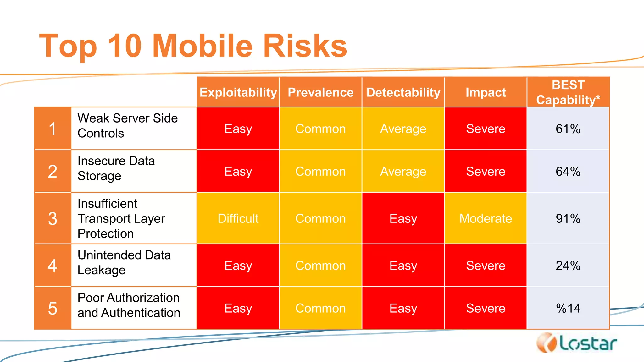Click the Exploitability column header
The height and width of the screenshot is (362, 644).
click(x=238, y=92)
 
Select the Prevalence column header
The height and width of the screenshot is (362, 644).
click(x=320, y=92)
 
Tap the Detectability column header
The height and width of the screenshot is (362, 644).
click(x=403, y=92)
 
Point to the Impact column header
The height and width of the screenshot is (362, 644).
click(x=486, y=92)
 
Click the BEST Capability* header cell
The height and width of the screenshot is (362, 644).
click(x=568, y=92)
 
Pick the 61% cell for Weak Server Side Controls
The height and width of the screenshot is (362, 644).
click(x=568, y=129)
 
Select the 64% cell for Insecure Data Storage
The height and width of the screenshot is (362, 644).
click(x=568, y=171)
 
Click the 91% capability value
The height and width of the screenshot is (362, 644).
click(x=568, y=218)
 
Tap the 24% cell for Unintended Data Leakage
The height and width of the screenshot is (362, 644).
click(x=568, y=266)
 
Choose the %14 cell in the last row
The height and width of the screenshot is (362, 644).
click(x=568, y=308)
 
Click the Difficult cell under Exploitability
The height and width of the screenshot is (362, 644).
click(x=238, y=218)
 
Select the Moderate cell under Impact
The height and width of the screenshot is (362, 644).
click(x=486, y=218)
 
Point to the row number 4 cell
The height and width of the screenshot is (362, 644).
click(x=53, y=266)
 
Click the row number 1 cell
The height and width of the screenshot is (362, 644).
click(x=53, y=129)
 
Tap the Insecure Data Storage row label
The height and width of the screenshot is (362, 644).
click(x=116, y=168)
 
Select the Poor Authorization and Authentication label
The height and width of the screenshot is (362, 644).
click(x=129, y=305)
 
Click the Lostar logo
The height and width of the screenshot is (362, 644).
click(x=577, y=343)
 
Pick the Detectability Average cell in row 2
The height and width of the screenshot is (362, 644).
click(x=403, y=171)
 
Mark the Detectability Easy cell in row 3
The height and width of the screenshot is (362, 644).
click(x=403, y=218)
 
